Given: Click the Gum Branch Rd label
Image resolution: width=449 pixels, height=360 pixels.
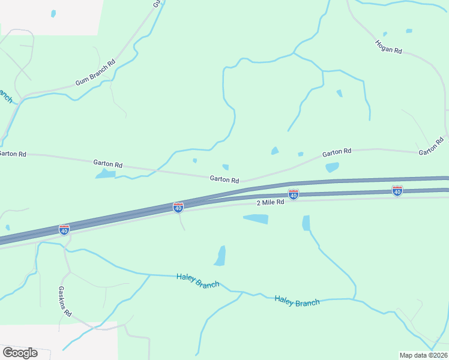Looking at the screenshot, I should pyautogui.click(x=95, y=73).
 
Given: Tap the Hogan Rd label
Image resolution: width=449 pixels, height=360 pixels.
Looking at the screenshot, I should pyautogui.click(x=388, y=46).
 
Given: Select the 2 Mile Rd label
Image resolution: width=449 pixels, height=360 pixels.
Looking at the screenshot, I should pyautogui.click(x=270, y=203).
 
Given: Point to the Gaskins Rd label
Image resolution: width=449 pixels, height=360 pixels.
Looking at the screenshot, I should pyautogui.click(x=65, y=301).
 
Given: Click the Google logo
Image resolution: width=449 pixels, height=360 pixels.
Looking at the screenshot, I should pyautogui.click(x=20, y=353).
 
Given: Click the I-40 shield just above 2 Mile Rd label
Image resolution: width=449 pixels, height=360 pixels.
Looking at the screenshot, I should pyautogui.click(x=293, y=194).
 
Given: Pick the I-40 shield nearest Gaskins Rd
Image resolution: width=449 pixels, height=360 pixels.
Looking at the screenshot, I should pyautogui.click(x=64, y=229).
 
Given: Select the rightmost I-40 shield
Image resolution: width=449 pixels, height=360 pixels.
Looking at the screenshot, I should pyautogui.click(x=397, y=190).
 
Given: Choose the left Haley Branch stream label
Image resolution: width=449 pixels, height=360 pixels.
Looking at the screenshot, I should pyautogui.click(x=197, y=280).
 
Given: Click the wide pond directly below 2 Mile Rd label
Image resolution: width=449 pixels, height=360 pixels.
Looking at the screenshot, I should pyautogui.click(x=256, y=219).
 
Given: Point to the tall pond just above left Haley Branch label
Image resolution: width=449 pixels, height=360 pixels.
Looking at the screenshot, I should pyautogui.click(x=220, y=256).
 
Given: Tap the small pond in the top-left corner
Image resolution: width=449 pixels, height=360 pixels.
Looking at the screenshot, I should pyautogui.click(x=53, y=13).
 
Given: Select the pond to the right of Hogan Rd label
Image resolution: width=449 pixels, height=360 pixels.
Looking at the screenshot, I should pyautogui.click(x=409, y=31).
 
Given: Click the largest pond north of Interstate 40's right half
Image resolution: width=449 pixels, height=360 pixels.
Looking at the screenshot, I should pyautogui.click(x=332, y=167).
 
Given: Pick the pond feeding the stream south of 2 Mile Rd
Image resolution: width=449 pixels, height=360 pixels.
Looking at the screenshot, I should pyautogui.click(x=306, y=223).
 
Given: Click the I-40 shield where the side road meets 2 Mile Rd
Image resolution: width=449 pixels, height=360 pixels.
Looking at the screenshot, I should pyautogui.click(x=178, y=207).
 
